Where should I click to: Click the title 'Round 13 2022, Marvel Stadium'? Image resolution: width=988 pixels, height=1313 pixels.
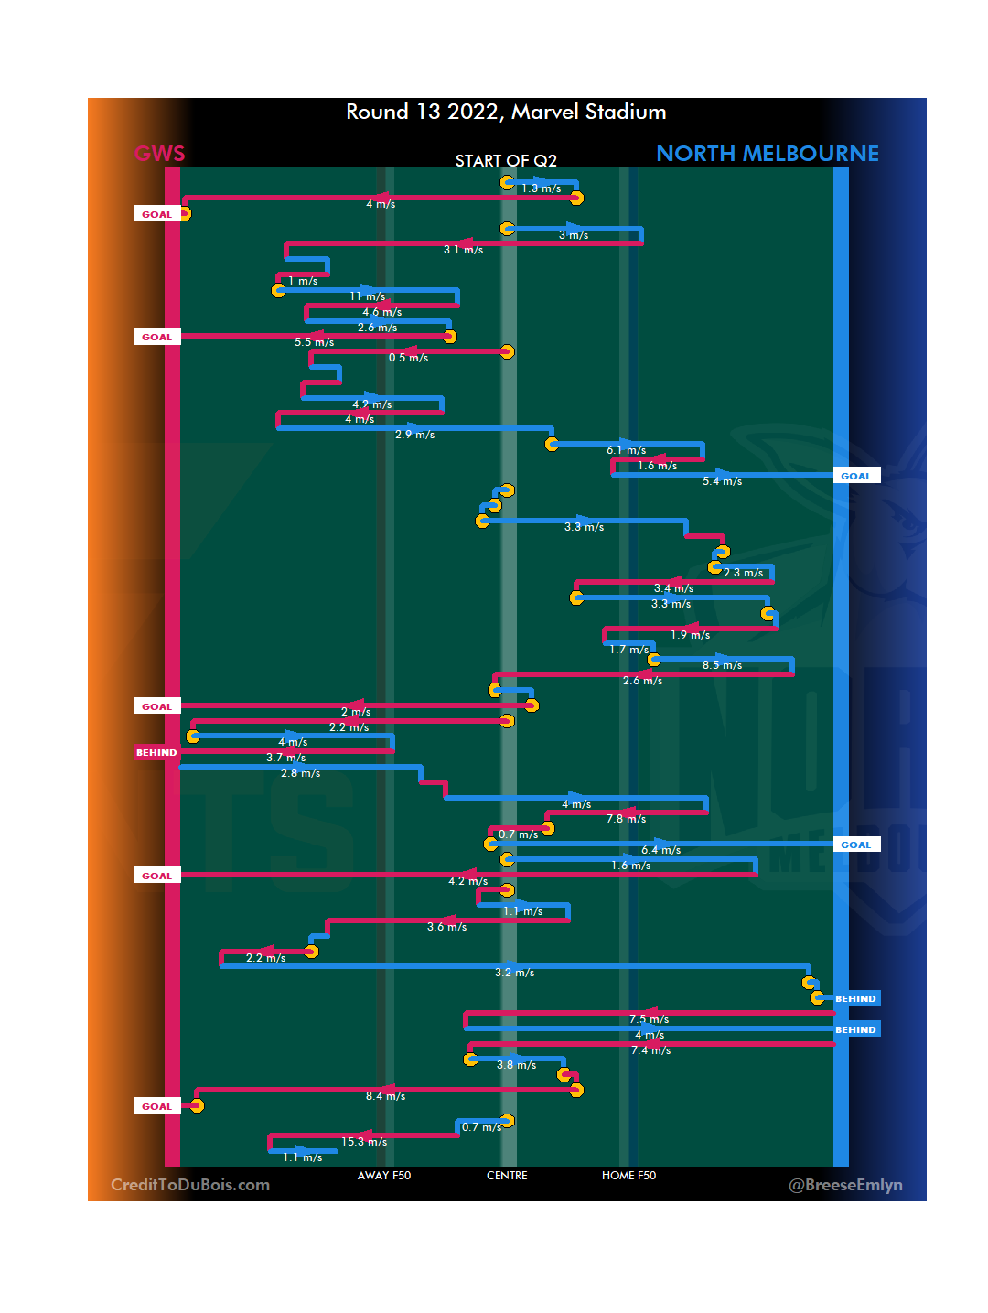tap(506, 112)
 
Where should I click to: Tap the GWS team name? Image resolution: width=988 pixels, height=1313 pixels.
tap(160, 154)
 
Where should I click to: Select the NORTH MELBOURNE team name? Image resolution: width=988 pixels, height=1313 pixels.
tap(767, 154)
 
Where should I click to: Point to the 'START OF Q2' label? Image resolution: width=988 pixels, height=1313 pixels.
tap(506, 161)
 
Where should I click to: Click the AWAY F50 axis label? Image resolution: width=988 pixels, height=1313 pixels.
tap(384, 1176)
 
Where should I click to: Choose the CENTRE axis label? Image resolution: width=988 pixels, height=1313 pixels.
tap(507, 1176)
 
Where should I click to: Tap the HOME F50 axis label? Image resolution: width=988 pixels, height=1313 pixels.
tap(628, 1176)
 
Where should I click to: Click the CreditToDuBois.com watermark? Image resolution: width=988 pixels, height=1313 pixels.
tap(190, 1185)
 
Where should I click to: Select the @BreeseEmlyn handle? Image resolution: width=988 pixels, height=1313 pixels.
tap(845, 1185)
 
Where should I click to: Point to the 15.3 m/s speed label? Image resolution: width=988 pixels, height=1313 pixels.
tap(364, 1142)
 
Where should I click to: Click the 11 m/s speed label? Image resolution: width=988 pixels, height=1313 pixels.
tap(367, 296)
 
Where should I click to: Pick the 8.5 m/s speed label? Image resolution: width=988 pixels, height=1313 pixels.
tap(722, 665)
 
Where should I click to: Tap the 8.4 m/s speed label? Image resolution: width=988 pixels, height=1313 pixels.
tap(385, 1096)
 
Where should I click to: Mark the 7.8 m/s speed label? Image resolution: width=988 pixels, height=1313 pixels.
tap(626, 819)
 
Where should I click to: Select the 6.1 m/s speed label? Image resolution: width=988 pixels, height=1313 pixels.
tap(626, 450)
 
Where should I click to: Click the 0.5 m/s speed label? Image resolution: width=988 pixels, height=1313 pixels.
tap(408, 358)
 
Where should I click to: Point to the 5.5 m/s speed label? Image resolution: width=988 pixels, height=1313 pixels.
tap(314, 342)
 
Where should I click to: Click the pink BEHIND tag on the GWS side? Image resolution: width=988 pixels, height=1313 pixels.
tap(156, 753)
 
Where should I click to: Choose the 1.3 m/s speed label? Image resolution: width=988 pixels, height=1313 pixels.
tap(541, 188)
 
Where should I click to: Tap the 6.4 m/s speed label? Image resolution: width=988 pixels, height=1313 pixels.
tap(660, 850)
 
